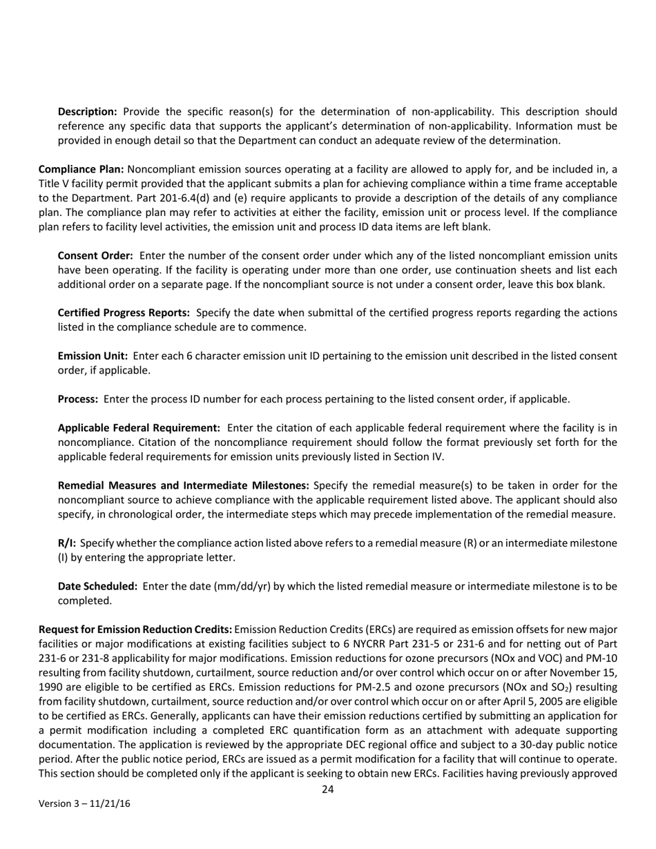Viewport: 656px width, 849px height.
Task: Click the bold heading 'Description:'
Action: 87,112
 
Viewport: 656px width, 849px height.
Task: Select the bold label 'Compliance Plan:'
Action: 81,169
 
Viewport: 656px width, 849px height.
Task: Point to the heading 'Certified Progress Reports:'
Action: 124,313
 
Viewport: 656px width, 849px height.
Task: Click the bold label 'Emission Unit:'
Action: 93,356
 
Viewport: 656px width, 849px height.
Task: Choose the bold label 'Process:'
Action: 78,399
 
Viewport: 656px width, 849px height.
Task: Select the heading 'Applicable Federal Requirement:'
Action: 139,428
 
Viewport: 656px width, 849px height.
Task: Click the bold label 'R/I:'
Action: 67,543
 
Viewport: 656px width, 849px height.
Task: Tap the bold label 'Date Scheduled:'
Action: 97,586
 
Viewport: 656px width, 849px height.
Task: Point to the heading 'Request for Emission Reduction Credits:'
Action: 135,630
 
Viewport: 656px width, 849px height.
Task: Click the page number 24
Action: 328,790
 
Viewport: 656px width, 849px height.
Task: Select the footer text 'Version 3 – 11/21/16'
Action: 84,804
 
